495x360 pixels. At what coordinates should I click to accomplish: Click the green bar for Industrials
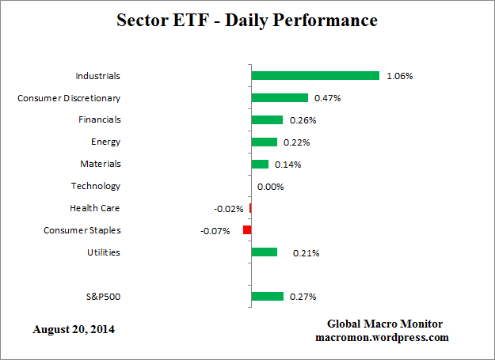[315, 76]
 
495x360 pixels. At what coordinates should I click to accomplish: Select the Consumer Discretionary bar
[280, 98]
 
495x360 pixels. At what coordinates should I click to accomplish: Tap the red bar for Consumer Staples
[247, 230]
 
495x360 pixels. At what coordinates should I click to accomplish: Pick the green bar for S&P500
[267, 297]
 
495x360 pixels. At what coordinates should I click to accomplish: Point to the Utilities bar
[265, 252]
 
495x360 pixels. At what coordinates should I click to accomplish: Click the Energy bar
[265, 142]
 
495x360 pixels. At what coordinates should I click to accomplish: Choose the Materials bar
[260, 165]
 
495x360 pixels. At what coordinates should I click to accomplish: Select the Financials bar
[267, 120]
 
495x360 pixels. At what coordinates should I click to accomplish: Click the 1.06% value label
[399, 77]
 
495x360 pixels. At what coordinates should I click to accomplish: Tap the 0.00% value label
[270, 187]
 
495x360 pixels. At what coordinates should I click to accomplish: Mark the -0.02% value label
[228, 209]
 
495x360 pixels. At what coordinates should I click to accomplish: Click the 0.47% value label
[328, 99]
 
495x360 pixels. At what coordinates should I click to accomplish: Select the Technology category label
[96, 187]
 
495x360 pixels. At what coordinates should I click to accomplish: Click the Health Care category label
[95, 209]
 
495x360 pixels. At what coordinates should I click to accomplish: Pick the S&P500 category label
[105, 297]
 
